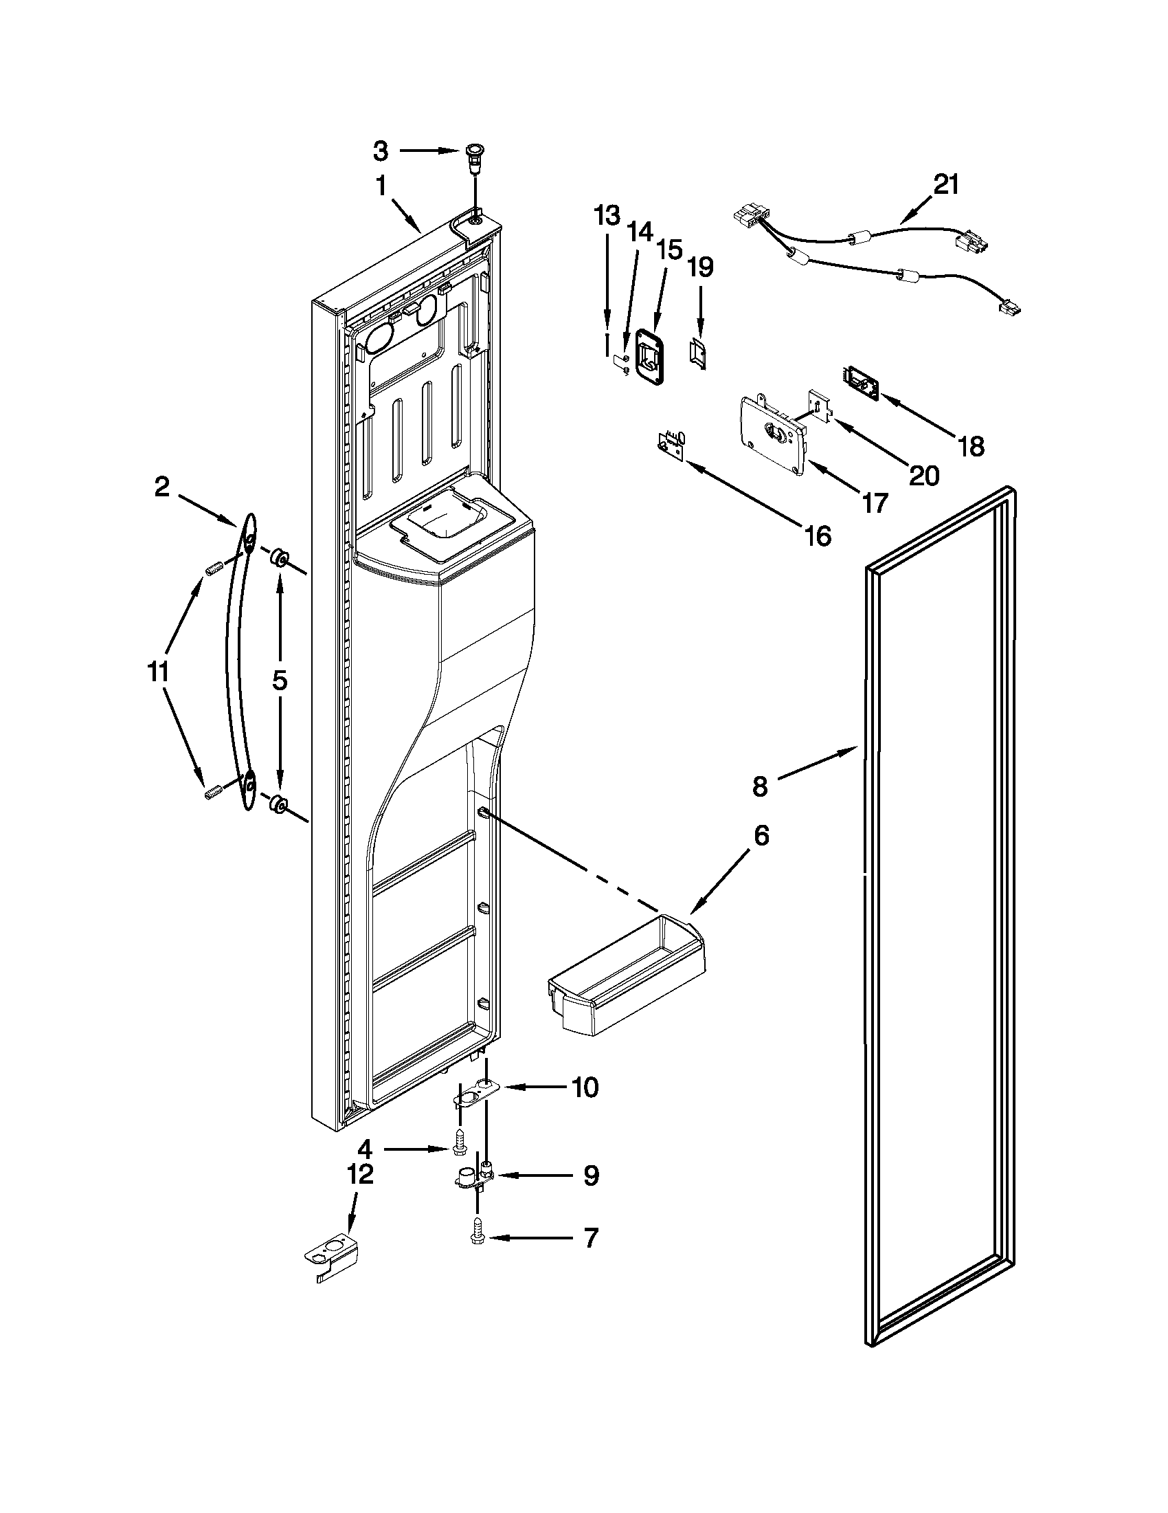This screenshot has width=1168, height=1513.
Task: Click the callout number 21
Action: (x=946, y=185)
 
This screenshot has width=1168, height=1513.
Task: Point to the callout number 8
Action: (x=760, y=786)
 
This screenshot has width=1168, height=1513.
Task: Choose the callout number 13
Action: (x=607, y=216)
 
